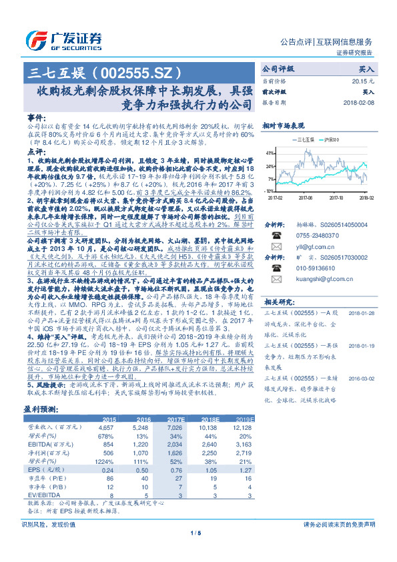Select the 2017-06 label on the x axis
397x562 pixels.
[x=306, y=198]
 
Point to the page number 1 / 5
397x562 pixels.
[x=195, y=551]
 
